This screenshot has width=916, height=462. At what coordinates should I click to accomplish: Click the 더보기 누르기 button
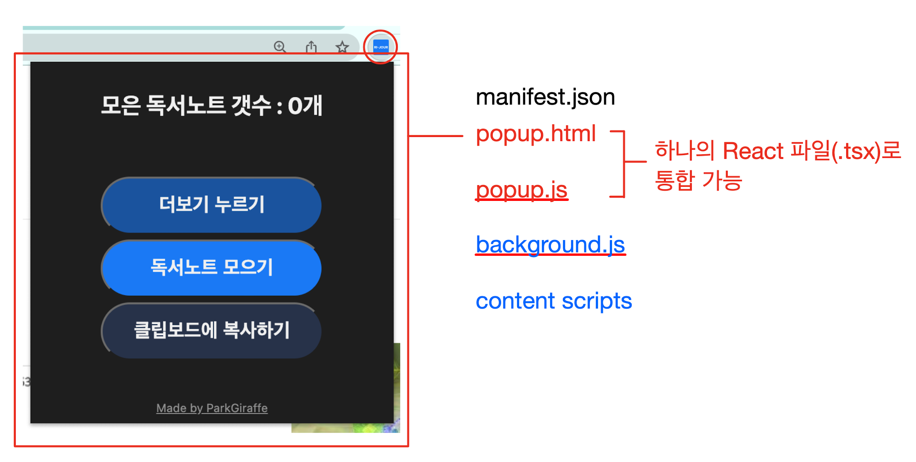coord(211,205)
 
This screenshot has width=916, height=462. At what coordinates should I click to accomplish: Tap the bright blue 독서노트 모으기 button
coord(211,267)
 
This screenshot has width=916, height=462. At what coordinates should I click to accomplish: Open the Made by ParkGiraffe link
coord(212,408)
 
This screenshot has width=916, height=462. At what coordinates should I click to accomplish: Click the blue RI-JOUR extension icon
coord(380,47)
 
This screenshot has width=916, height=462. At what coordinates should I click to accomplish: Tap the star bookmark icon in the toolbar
coord(342,47)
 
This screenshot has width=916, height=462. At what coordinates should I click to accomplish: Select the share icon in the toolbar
coord(311,47)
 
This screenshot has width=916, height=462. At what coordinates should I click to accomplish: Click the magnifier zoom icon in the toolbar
coord(280,47)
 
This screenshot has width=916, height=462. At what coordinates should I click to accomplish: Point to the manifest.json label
coord(545,97)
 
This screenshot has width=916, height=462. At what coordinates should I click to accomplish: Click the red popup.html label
coord(536,134)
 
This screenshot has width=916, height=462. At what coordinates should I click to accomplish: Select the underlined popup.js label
coord(521,190)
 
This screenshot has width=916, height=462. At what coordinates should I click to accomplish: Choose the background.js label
coord(550,244)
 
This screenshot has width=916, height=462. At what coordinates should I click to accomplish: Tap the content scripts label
coord(553,301)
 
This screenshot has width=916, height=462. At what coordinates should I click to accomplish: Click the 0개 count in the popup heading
coord(305,106)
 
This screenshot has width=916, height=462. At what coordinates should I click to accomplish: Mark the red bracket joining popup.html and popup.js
coord(624,163)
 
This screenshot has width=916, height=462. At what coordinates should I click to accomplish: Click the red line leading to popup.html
coord(436,136)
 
